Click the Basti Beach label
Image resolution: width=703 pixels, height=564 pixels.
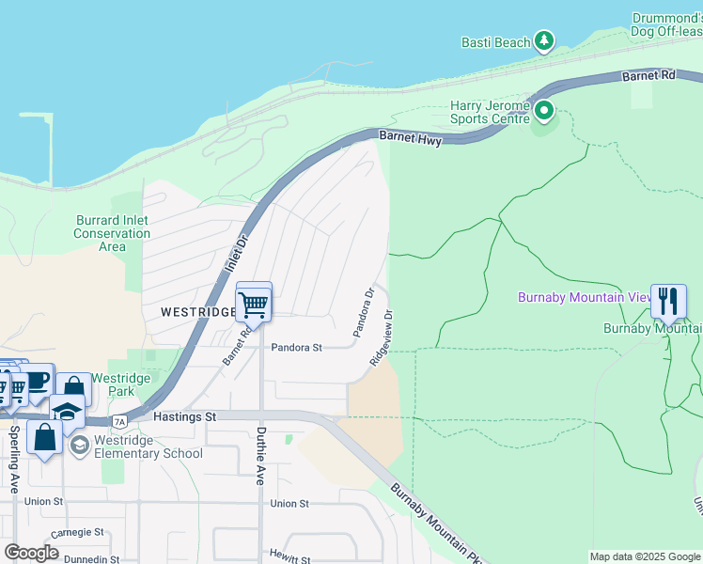tap(495, 42)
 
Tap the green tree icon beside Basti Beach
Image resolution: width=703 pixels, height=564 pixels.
tap(544, 40)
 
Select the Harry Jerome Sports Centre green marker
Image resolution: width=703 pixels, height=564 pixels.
tap(544, 113)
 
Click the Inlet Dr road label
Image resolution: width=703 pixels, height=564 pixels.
tap(233, 252)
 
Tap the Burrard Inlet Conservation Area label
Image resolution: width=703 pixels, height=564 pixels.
tap(112, 233)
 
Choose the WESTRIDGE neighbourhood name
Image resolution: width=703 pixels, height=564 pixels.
tap(196, 311)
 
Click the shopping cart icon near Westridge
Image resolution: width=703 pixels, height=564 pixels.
tap(254, 304)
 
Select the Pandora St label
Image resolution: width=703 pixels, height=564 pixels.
tap(296, 347)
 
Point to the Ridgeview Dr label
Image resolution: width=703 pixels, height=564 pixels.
tap(381, 338)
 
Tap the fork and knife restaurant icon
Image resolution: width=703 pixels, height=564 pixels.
tap(668, 301)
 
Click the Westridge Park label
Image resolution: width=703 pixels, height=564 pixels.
tap(129, 385)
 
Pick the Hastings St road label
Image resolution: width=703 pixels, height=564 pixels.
tap(186, 415)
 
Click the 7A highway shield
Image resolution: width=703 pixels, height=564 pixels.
tap(119, 421)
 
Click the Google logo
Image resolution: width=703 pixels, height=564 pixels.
tap(32, 553)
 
